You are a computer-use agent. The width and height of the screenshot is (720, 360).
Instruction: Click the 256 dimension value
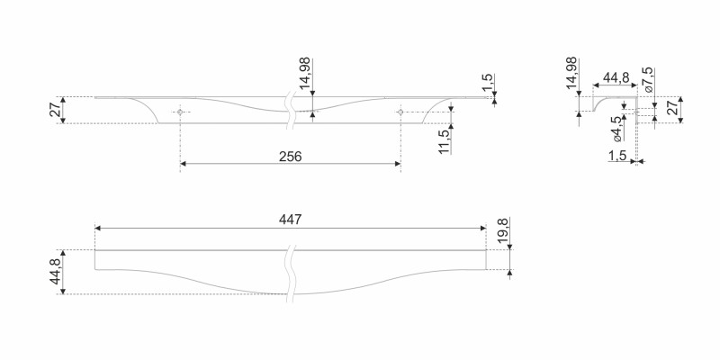point(290,157)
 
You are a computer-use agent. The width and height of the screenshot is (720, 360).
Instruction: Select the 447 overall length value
point(290,220)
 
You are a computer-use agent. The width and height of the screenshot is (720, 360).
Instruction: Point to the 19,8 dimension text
point(502,230)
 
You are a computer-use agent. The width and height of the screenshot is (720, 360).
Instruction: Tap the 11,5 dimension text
point(444,141)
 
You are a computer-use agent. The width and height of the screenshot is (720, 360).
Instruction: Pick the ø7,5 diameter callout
point(648,80)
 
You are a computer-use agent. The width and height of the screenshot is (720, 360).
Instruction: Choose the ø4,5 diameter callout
point(616,129)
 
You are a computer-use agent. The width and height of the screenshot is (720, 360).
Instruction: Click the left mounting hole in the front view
point(180,112)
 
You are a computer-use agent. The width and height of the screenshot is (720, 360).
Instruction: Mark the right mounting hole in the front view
point(400,112)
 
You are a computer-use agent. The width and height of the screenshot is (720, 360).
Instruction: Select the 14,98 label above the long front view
point(304,73)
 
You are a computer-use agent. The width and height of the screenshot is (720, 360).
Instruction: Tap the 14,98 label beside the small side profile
point(571,73)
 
